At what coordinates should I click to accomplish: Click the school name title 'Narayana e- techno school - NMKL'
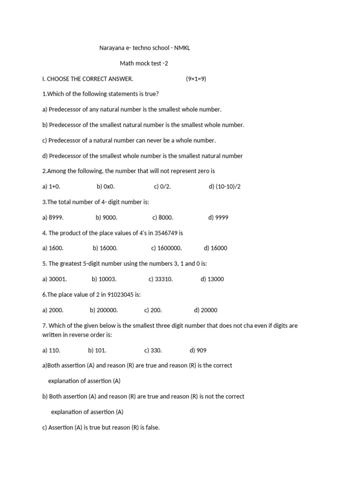click(x=145, y=48)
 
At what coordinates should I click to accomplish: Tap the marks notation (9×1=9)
click(x=196, y=79)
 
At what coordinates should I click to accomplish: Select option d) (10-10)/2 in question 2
click(x=225, y=187)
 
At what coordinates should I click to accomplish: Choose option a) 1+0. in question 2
click(x=52, y=187)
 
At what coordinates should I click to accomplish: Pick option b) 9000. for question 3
click(x=106, y=217)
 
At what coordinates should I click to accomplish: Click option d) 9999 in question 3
click(x=218, y=217)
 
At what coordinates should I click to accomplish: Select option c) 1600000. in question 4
click(x=166, y=248)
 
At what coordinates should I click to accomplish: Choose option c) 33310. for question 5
click(x=161, y=279)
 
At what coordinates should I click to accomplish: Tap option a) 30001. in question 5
click(x=54, y=279)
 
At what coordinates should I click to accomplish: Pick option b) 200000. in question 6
click(x=104, y=310)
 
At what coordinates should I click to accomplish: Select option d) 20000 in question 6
click(x=205, y=310)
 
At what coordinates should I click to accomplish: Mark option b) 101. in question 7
click(x=97, y=351)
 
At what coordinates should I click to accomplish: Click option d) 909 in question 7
click(x=198, y=351)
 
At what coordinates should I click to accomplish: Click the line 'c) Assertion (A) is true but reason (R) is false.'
click(x=101, y=427)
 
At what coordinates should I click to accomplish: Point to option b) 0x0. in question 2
click(x=106, y=187)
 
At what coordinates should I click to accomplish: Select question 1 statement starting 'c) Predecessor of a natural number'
click(x=129, y=140)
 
